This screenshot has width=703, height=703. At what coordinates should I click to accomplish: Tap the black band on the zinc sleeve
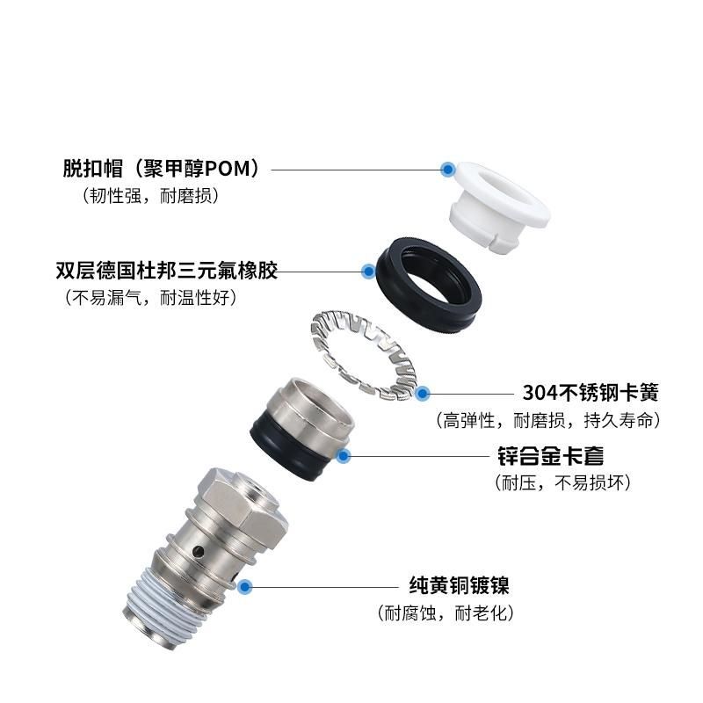287,453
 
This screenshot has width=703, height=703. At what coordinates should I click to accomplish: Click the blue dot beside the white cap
447,170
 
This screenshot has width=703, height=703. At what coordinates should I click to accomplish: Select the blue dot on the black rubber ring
368,272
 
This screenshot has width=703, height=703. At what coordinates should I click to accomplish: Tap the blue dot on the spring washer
422,394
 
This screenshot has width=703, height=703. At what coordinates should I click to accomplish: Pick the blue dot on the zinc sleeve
344,456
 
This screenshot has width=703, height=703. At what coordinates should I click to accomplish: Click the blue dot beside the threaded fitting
244,586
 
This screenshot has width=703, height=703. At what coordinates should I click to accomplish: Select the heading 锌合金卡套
551,456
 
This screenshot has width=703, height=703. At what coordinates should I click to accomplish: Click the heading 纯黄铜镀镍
459,585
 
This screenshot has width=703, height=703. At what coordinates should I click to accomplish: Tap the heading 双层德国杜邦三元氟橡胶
167,271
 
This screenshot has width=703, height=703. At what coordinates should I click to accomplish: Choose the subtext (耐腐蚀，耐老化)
446,612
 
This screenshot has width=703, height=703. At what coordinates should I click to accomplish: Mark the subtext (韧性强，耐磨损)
150,195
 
